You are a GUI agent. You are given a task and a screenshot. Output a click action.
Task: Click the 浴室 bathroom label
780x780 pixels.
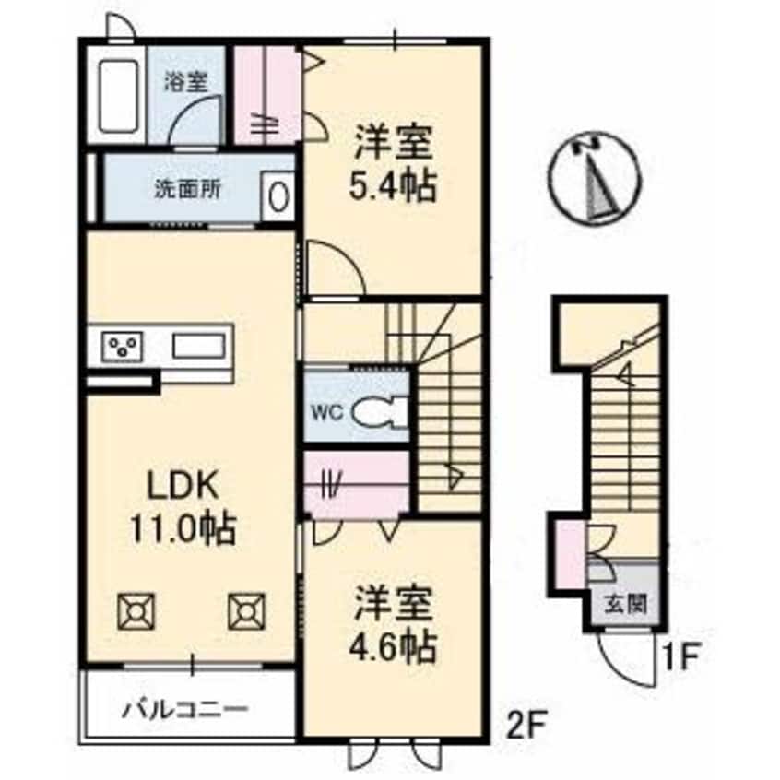[x=186, y=83]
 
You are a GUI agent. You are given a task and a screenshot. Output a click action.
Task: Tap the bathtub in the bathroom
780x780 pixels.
[x=118, y=97]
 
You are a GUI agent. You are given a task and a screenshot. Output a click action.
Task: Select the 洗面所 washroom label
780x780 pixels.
[x=187, y=189]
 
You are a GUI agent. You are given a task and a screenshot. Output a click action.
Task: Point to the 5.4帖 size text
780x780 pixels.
[x=393, y=186]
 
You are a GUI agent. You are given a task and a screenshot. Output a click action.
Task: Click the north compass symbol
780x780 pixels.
[x=595, y=178]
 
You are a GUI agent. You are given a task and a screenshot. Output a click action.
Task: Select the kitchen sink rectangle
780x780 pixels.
[x=198, y=346]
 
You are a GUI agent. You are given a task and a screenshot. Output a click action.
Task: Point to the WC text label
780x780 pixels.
[x=328, y=412]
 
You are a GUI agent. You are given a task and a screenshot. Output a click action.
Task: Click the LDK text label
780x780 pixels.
[x=182, y=486]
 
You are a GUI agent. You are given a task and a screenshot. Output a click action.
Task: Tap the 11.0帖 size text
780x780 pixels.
[x=183, y=529]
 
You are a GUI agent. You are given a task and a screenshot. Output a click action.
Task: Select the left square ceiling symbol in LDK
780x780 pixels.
[x=136, y=611]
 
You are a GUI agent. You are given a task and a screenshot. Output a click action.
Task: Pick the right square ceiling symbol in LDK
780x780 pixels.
[x=247, y=611]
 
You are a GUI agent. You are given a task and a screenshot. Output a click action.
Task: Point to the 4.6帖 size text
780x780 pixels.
[x=393, y=647]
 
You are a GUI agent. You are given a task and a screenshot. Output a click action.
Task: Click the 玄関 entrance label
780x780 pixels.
[x=625, y=604]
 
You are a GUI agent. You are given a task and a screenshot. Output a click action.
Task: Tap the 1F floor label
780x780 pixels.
[x=680, y=657]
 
